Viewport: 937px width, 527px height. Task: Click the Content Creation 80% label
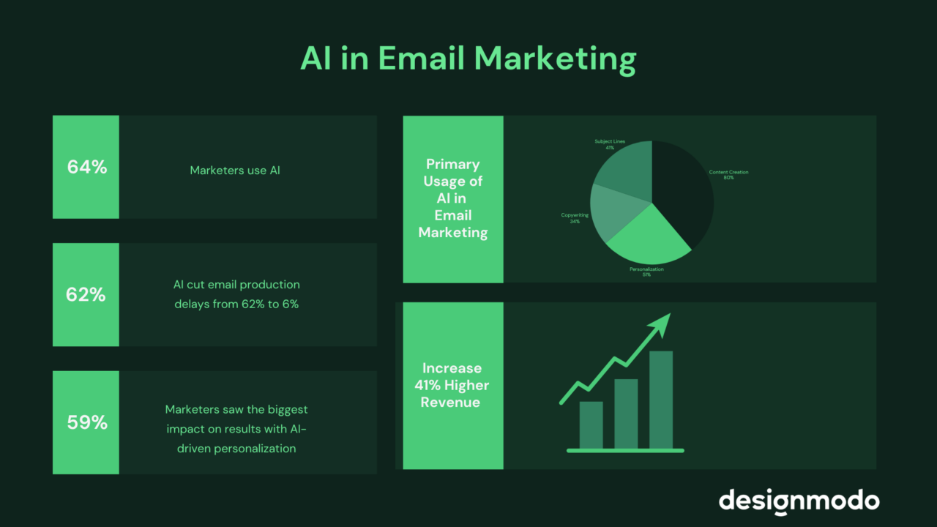(x=728, y=175)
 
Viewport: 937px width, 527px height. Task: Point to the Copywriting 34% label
(x=575, y=218)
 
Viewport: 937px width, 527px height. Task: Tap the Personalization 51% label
(x=646, y=272)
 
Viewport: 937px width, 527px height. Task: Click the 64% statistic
(x=87, y=167)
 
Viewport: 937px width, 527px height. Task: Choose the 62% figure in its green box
(x=87, y=295)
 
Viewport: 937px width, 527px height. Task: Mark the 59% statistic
(x=87, y=422)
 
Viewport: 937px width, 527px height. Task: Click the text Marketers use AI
(x=235, y=171)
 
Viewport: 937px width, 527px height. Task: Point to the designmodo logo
(x=799, y=501)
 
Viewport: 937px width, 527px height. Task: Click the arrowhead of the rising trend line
(x=662, y=323)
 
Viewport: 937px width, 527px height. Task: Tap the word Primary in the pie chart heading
(x=452, y=164)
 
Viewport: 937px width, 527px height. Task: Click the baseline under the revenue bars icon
(x=625, y=451)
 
